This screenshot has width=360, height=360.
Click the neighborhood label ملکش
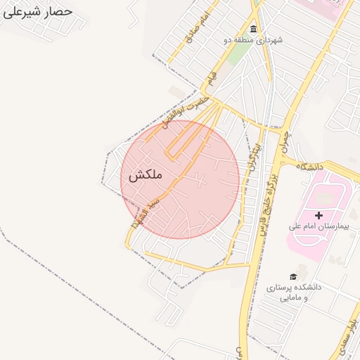[x=145, y=175]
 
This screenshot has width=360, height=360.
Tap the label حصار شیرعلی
[x=38, y=12]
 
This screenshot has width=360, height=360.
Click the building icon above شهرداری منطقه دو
[x=253, y=29]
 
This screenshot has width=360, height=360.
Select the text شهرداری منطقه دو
[x=253, y=40]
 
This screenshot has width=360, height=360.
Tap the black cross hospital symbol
[x=319, y=214]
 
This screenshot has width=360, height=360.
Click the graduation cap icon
[x=292, y=276]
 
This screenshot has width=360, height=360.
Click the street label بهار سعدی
[x=347, y=328]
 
